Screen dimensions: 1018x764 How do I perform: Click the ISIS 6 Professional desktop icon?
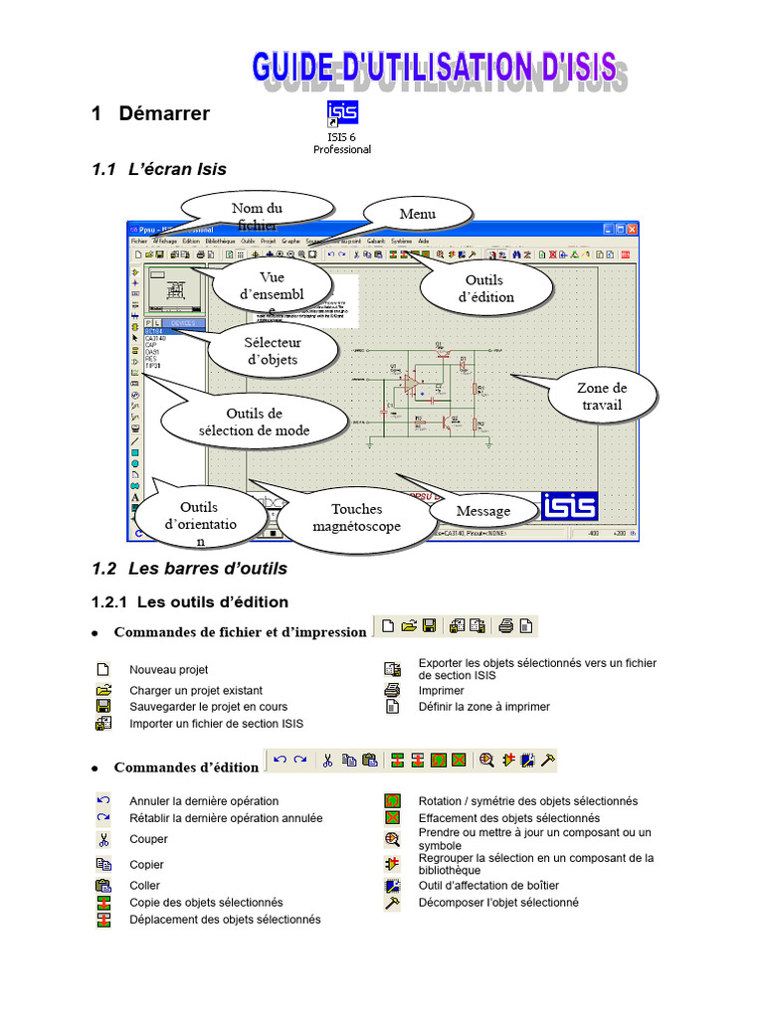341,113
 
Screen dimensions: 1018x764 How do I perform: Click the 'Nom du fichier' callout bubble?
257,211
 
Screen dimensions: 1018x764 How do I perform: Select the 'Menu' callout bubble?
417,214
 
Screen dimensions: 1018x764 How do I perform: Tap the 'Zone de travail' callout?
602,396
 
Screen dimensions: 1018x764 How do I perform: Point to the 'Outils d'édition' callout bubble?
486,288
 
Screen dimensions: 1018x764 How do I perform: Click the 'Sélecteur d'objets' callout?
272,350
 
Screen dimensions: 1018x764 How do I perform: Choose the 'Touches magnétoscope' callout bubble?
356,517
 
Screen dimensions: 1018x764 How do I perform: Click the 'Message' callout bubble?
483,511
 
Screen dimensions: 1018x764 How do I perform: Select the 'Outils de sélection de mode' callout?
254,422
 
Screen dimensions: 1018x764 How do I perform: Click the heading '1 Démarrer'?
150,113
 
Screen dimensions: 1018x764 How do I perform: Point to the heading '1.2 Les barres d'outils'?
189,569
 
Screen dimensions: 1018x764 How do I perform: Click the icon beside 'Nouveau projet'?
102,670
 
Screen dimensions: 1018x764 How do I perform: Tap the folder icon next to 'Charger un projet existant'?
102,690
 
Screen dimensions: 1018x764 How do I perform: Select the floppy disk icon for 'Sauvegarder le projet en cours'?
102,707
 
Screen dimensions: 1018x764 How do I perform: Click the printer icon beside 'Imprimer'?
392,690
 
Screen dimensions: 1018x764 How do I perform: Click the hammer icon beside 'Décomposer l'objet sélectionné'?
392,903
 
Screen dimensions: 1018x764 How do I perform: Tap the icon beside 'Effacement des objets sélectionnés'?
392,818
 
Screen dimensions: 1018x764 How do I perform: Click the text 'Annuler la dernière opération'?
204,801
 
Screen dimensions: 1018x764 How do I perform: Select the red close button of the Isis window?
631,229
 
